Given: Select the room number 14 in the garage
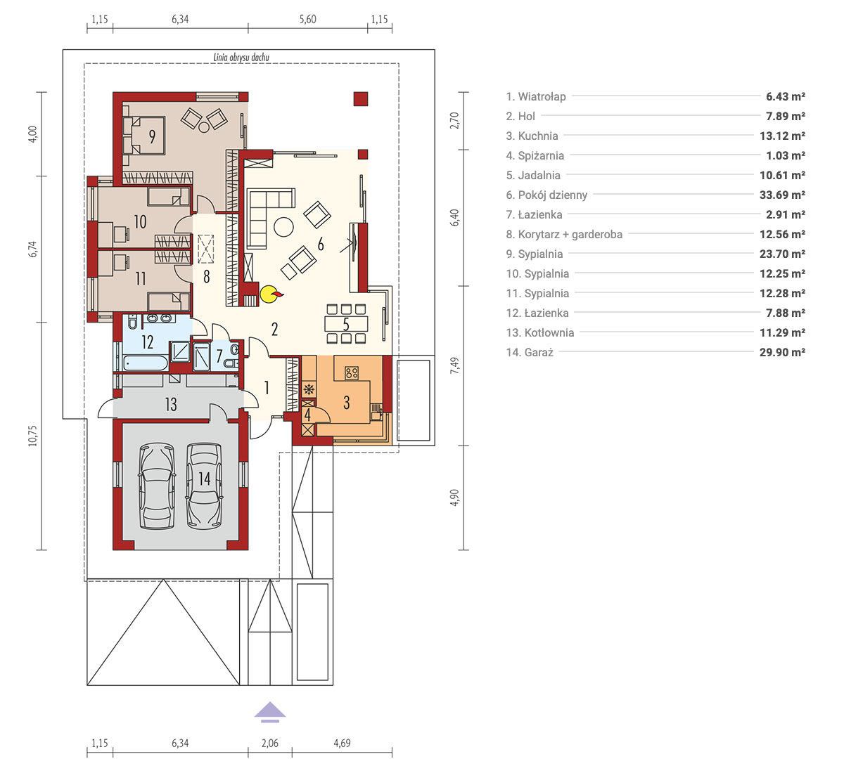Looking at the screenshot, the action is tap(205, 479).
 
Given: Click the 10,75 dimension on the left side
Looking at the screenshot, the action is tap(33, 436).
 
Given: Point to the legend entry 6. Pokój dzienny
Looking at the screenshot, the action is tap(546, 195).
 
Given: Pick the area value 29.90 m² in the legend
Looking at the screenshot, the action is tap(782, 353).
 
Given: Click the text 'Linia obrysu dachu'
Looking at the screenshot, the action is tap(241, 57).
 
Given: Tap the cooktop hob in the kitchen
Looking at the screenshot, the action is tap(352, 372).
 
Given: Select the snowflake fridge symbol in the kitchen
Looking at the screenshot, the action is tap(309, 389).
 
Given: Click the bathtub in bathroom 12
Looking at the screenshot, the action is tap(146, 363).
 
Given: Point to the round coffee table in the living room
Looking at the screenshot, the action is tap(283, 227).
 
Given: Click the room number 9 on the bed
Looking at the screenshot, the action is tap(152, 136).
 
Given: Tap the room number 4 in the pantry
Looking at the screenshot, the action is tap(307, 415).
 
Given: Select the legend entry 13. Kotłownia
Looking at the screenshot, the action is tap(539, 332).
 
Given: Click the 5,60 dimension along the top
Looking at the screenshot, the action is tap(307, 20).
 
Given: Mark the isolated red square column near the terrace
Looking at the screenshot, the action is tap(361, 99).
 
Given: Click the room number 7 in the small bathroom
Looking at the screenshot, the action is tap(219, 356).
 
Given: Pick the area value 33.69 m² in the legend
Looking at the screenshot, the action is tap(782, 195).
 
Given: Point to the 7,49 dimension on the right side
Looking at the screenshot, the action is tap(455, 365).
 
